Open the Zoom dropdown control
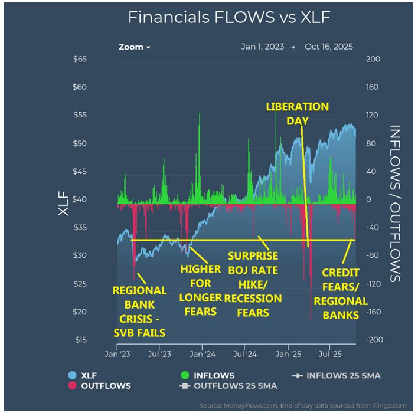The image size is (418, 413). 134,47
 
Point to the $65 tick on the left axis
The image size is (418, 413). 79,60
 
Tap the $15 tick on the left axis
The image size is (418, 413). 79,340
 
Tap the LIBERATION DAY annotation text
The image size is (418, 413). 297,114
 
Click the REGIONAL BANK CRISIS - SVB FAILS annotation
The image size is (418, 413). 139,311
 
